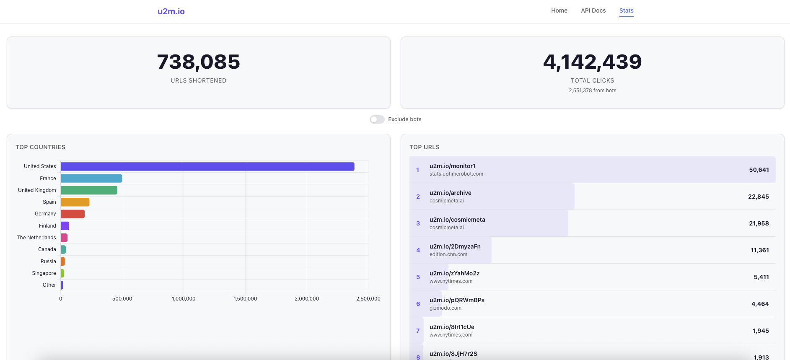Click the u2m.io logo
(x=171, y=11)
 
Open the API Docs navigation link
(x=593, y=10)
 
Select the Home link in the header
(x=559, y=10)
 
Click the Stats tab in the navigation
(x=626, y=10)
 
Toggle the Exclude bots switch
(x=377, y=119)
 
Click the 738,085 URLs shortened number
(x=199, y=62)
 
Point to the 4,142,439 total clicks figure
(x=592, y=62)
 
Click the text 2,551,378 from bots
(x=592, y=91)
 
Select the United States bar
(x=207, y=166)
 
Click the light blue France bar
(x=91, y=179)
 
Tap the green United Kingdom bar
(x=89, y=190)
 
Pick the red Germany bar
(x=73, y=214)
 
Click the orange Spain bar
(x=75, y=202)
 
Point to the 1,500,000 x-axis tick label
(x=245, y=299)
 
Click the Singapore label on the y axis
(x=44, y=273)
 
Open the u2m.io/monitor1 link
(x=452, y=166)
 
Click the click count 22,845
(x=758, y=197)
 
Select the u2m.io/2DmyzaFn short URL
(x=455, y=246)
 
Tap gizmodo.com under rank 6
(x=445, y=308)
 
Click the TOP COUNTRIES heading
(x=41, y=147)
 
